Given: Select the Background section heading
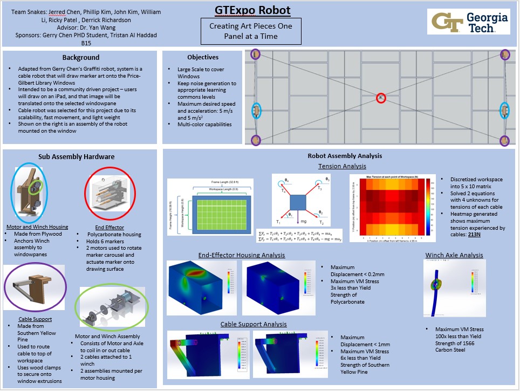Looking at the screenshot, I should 81,57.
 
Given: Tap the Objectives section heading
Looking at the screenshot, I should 203,57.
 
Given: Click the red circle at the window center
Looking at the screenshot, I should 381,98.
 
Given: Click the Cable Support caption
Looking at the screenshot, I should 35,319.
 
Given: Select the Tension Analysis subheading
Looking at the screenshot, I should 342,166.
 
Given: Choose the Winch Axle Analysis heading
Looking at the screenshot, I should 454,255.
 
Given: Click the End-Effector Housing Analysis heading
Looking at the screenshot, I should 242,255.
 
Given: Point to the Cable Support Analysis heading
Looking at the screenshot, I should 254,324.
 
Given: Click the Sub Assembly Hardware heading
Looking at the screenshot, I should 76,157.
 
